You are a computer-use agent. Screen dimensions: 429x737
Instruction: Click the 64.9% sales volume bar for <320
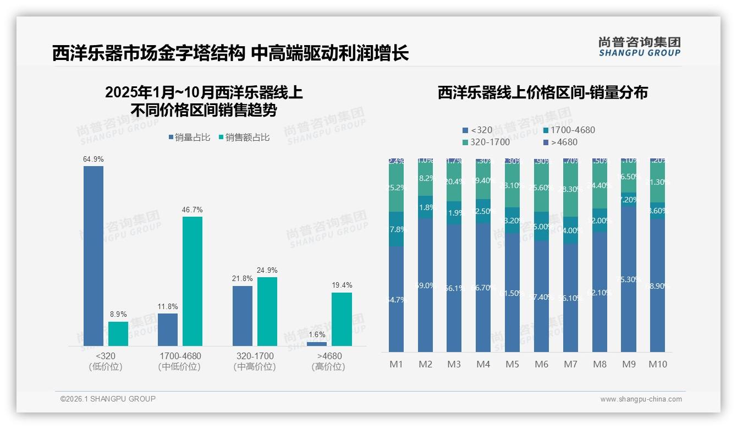(94, 256)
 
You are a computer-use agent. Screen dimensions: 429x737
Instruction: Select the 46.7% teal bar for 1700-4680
(193, 281)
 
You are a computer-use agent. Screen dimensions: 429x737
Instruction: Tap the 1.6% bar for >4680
(316, 344)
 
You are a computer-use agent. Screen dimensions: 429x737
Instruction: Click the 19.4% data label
(342, 285)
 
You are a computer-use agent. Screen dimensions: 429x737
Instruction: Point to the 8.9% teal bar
(118, 334)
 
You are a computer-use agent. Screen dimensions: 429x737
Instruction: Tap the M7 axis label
(571, 364)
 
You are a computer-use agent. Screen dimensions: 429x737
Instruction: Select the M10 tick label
(658, 364)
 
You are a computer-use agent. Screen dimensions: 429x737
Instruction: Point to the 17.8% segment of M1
(396, 229)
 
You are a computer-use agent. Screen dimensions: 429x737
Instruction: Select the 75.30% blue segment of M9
(629, 279)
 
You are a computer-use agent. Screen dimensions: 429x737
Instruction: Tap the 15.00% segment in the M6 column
(542, 226)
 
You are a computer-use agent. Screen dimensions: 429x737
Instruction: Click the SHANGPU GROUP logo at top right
(639, 47)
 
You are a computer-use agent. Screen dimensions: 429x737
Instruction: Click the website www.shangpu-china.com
(641, 399)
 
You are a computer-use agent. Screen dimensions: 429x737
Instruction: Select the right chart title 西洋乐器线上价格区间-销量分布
(542, 92)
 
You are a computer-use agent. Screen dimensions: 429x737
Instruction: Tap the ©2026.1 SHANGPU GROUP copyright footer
(108, 399)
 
